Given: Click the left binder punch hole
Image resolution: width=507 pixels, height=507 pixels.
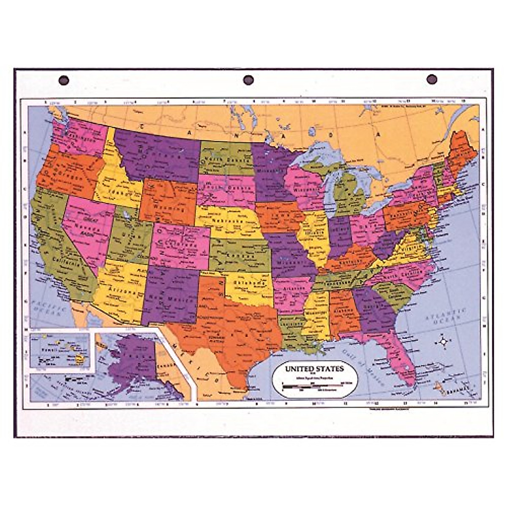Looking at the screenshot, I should [x=64, y=80].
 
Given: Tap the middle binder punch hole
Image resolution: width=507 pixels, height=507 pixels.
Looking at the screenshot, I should [x=248, y=80].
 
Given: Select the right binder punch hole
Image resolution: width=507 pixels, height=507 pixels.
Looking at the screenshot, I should [x=431, y=79].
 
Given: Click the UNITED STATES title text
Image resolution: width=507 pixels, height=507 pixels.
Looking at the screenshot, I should [x=314, y=368].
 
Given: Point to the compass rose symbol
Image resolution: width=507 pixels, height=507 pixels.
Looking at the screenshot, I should [x=443, y=341].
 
